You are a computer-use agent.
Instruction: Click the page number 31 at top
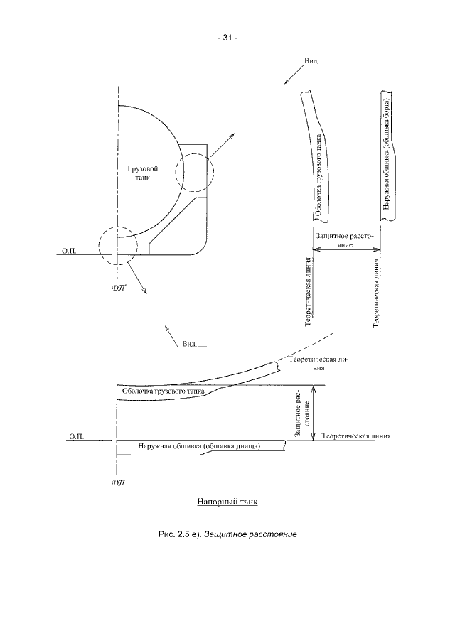coord(227,38)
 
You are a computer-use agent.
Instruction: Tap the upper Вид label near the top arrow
coord(311,61)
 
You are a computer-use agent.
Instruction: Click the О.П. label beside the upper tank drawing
coord(69,252)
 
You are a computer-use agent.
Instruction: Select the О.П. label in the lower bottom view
coord(77,436)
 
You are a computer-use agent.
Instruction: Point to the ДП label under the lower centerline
coord(119,483)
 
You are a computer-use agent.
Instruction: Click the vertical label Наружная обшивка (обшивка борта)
coord(385,156)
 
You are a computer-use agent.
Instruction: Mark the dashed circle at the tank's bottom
coord(118,247)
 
